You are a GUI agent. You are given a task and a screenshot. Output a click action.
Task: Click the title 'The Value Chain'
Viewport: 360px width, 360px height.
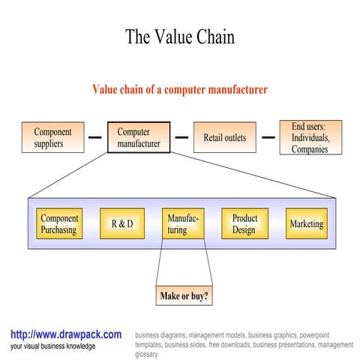point(179,37)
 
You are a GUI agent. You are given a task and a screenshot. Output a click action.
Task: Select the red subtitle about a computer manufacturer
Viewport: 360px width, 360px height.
point(179,90)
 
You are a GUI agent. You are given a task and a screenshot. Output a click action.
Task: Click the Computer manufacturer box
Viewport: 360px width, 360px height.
point(138,137)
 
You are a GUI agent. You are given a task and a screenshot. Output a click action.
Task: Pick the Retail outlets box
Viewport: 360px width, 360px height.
point(224,137)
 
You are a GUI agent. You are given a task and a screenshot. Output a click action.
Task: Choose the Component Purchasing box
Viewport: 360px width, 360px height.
point(58,224)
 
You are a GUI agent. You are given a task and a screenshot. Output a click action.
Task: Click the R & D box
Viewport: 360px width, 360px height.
point(121,224)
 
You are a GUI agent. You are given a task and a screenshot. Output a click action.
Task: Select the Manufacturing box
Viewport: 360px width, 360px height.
point(183,224)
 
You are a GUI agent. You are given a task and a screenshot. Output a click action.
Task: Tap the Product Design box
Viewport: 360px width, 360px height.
point(244,224)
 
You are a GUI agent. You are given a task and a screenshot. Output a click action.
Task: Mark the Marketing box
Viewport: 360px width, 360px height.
point(306,224)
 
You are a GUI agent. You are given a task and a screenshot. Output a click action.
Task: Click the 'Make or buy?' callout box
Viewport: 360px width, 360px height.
point(184,296)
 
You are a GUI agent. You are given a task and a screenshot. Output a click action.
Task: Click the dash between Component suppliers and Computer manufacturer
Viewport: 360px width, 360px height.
point(94,138)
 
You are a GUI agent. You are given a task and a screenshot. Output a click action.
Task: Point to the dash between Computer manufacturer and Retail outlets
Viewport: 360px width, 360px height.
point(181,138)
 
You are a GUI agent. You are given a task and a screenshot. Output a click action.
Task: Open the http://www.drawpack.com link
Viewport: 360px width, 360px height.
point(66,334)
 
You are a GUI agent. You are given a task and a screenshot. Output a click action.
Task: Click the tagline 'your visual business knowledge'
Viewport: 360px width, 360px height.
point(52,346)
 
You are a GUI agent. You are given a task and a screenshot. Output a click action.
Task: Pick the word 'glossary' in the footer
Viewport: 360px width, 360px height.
point(147,355)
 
